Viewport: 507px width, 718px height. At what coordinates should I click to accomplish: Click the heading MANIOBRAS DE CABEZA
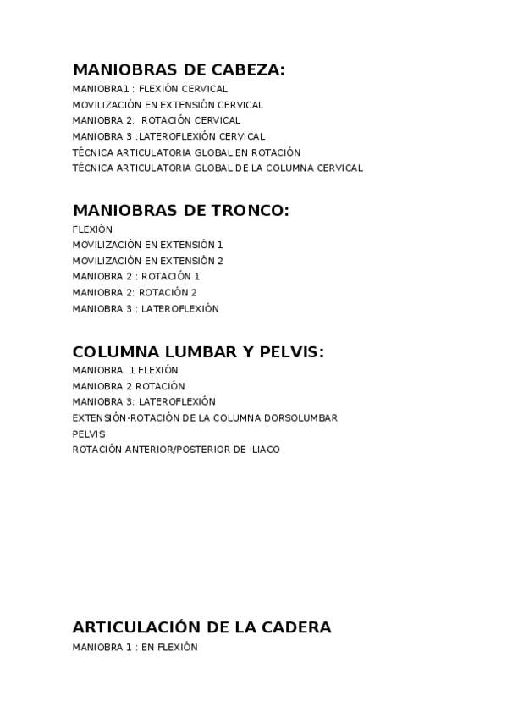179,70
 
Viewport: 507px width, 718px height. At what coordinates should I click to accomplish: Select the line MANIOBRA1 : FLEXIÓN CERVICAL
150,88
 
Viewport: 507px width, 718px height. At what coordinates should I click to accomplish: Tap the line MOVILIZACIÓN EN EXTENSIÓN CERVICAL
168,105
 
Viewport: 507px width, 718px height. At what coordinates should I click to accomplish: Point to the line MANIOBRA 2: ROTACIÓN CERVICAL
157,120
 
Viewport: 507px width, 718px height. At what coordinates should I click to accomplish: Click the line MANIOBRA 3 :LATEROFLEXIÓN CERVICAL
168,136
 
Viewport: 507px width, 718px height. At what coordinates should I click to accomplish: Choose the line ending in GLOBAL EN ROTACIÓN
186,152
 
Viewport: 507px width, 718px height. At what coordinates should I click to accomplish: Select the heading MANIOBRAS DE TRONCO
180,211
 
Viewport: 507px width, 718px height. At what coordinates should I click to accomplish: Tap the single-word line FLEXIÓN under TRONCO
92,229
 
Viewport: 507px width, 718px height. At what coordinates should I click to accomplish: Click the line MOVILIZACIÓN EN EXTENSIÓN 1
147,245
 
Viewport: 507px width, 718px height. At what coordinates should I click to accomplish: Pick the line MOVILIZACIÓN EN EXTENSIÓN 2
147,261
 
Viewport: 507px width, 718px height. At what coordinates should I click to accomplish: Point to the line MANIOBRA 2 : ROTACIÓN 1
136,276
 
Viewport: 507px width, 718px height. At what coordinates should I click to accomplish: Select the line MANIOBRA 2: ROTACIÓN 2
135,292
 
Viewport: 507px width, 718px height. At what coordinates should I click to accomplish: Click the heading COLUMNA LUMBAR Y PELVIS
198,352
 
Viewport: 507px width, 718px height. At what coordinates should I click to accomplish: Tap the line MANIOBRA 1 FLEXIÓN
125,370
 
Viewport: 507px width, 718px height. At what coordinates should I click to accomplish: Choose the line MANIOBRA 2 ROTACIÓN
129,386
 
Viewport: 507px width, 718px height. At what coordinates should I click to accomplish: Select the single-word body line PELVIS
89,434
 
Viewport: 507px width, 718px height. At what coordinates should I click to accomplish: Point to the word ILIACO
261,450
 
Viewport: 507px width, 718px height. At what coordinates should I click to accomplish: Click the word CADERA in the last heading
296,627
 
